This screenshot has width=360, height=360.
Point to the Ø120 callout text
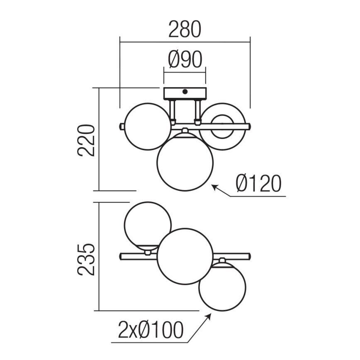click(258, 184)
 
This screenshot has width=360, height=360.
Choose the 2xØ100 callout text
click(151, 331)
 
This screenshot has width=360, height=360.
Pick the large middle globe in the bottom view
click(185, 256)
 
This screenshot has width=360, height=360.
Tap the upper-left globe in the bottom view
click(148, 225)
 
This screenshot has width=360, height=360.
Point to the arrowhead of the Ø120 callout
click(214, 187)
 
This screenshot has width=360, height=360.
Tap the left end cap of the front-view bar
click(122, 126)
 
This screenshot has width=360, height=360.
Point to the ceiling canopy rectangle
click(185, 94)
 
